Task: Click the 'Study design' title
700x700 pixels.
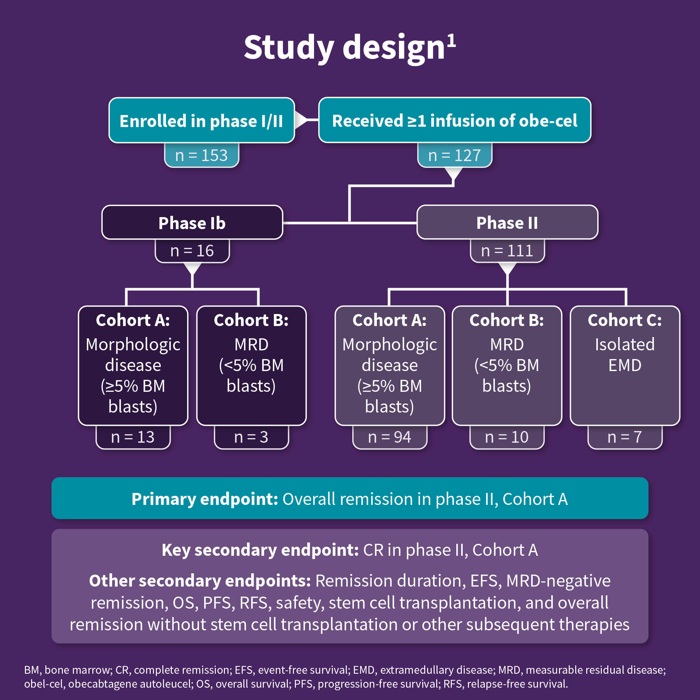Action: click(x=344, y=48)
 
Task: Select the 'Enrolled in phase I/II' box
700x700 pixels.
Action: click(x=202, y=121)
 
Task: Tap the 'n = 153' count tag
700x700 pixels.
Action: click(x=202, y=156)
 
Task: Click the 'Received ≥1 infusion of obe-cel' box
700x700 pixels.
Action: click(x=454, y=121)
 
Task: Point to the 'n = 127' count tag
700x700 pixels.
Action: click(x=454, y=156)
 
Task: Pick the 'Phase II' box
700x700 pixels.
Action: click(x=507, y=222)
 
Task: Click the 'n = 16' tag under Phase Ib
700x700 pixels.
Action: click(x=192, y=251)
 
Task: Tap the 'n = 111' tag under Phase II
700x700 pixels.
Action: click(x=507, y=251)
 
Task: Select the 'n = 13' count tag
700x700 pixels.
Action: click(x=133, y=437)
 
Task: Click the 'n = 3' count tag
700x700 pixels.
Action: click(x=251, y=437)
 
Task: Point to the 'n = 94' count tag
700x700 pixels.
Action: click(x=390, y=437)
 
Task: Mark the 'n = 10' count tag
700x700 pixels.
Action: click(x=507, y=437)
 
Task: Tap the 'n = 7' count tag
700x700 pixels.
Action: click(x=624, y=437)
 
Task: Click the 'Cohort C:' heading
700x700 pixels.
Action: click(x=624, y=320)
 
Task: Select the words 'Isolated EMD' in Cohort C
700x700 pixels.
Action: click(x=624, y=355)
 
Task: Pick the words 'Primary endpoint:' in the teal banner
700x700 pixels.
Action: click(x=205, y=499)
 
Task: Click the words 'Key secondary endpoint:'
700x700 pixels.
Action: click(x=260, y=550)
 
